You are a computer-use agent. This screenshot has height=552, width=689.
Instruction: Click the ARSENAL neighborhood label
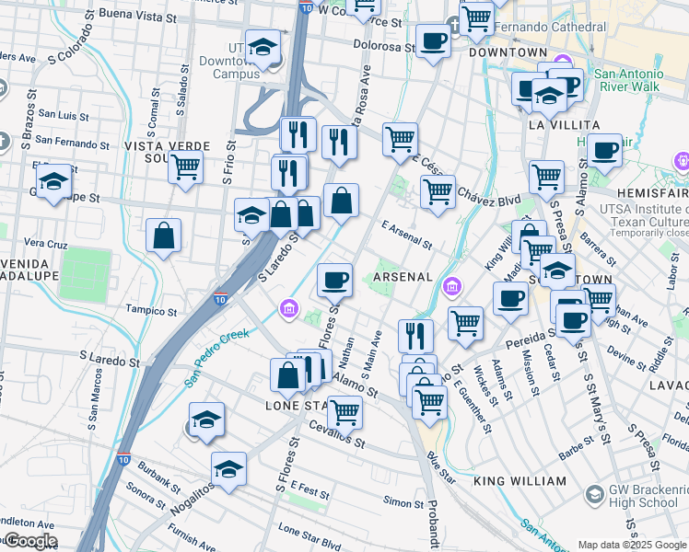402,277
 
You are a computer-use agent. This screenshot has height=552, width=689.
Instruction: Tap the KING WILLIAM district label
520,481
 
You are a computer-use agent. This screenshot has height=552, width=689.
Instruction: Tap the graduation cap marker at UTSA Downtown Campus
263,49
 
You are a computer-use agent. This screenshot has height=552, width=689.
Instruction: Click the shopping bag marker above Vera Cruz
163,236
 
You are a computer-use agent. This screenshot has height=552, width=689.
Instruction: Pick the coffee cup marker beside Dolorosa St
433,40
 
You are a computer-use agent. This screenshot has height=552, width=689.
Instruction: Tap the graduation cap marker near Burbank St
228,469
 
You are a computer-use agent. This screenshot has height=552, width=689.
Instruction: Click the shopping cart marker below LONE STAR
344,412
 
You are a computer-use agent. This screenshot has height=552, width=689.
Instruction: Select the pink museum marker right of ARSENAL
452,288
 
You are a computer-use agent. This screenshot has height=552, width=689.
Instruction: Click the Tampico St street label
150,309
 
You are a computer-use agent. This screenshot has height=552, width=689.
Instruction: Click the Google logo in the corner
29,541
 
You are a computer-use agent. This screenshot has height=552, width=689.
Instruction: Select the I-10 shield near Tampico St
219,297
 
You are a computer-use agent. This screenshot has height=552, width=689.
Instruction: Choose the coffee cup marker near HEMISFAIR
604,150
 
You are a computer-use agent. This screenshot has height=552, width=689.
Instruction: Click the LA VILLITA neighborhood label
563,124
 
